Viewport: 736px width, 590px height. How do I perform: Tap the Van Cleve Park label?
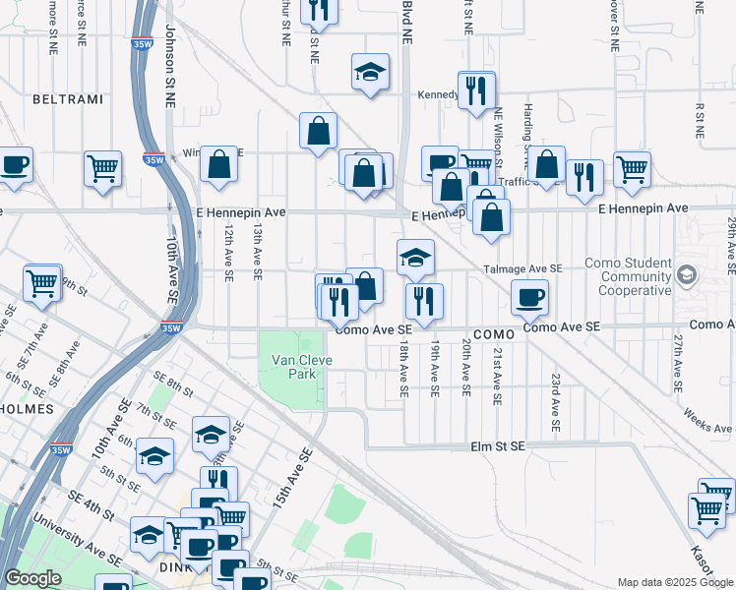point(301,368)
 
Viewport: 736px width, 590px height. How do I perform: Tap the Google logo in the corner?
point(31,578)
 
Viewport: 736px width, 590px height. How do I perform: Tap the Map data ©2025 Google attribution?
point(674,582)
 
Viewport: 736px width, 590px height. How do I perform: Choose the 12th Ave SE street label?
point(227,252)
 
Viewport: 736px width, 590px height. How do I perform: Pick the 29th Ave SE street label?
point(731,246)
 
